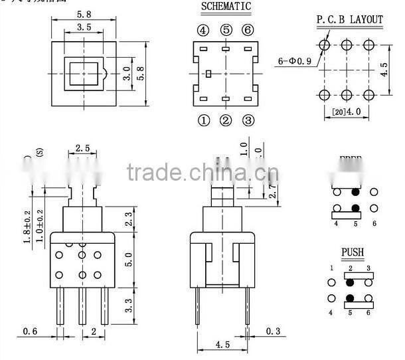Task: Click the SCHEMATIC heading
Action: [x=226, y=7]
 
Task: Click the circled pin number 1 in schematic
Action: [x=203, y=120]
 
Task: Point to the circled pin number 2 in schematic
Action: [x=226, y=120]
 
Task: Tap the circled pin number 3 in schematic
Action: [x=248, y=120]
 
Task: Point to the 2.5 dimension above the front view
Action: [x=82, y=147]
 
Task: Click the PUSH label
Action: [x=352, y=253]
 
